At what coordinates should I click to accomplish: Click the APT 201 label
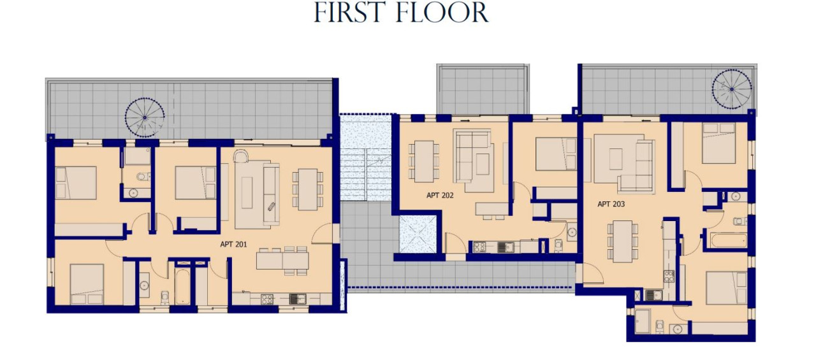pos(233,244)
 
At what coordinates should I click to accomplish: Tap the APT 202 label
pos(440,196)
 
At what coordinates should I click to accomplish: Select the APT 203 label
pos(611,204)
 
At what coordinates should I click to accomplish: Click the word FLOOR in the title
pos(443,13)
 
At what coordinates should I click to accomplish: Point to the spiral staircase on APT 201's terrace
pos(145,117)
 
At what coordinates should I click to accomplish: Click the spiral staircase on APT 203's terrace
pos(732,89)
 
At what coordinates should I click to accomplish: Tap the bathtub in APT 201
pos(182,287)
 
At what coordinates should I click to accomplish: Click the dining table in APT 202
pos(424,161)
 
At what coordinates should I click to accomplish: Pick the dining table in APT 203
pos(622,241)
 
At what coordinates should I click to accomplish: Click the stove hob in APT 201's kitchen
pos(267,299)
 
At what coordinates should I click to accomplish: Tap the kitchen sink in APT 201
pos(298,299)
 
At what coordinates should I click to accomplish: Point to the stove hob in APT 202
pos(479,247)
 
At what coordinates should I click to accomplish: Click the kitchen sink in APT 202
pos(506,247)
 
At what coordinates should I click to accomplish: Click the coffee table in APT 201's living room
pos(247,192)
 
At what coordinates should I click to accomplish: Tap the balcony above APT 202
pos(483,90)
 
